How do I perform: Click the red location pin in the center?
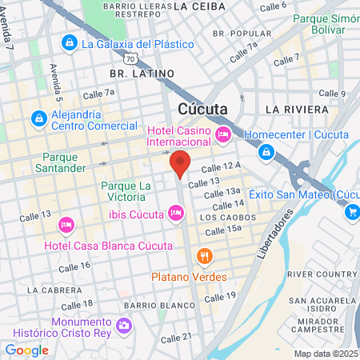[x=180, y=162]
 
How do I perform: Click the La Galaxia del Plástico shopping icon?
[x=70, y=42]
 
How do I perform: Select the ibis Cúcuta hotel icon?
[x=176, y=213]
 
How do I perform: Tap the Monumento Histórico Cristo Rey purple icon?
[x=124, y=326]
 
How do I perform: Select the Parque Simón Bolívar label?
[x=324, y=25]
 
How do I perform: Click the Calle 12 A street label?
[x=221, y=167]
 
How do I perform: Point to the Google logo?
[x=26, y=350]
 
